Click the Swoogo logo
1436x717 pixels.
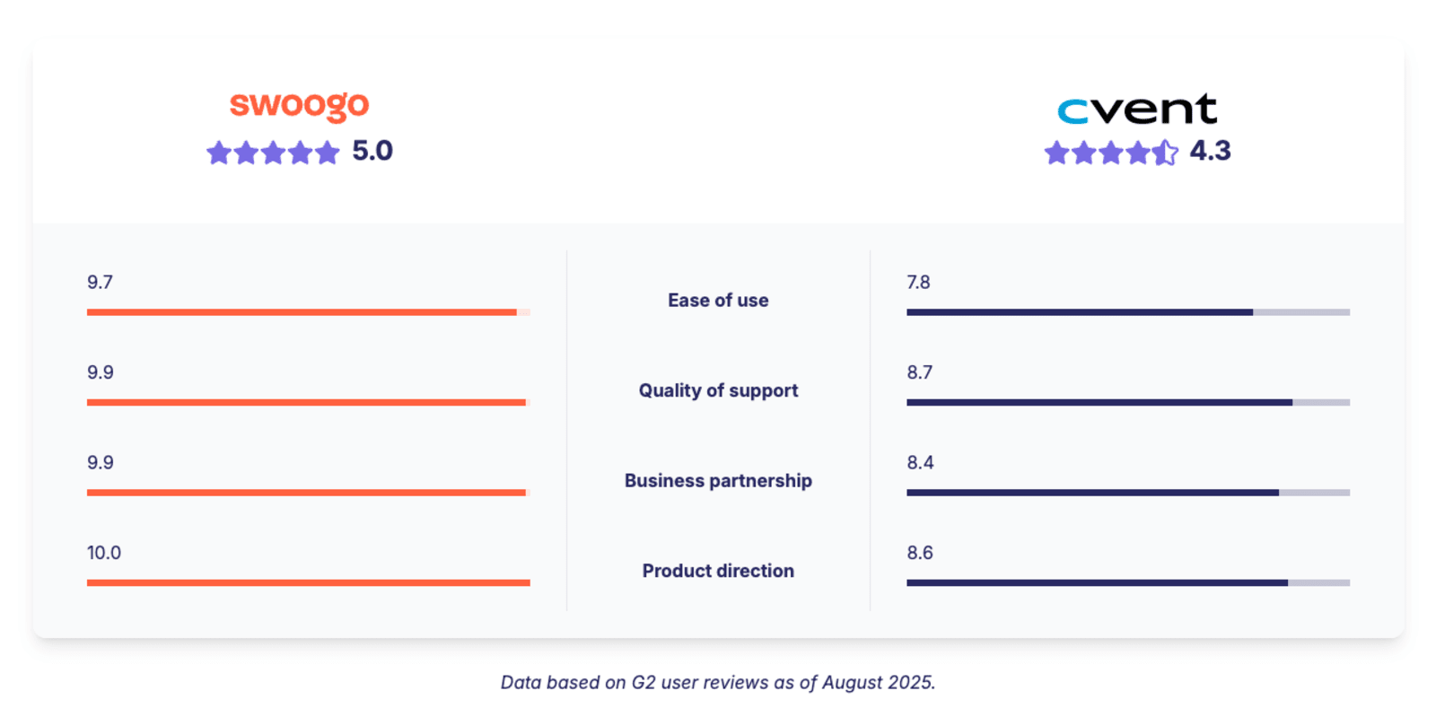coord(299,106)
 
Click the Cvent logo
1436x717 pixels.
coord(1136,109)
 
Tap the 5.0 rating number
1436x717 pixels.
coord(372,151)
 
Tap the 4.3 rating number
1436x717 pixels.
coord(1210,151)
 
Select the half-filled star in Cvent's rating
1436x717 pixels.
coord(1165,153)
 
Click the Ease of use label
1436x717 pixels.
coord(718,301)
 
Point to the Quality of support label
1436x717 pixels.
coord(718,390)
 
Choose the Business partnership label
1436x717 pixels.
coord(718,481)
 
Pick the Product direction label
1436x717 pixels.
coord(718,571)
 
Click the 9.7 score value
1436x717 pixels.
coord(100,283)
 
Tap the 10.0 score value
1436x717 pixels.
coord(104,553)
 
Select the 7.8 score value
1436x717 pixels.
coord(918,283)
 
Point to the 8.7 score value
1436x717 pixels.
coord(919,372)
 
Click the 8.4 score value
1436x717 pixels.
coord(920,463)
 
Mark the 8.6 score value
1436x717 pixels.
coord(920,553)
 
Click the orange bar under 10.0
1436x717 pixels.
coord(308,582)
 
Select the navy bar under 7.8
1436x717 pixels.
coord(1079,312)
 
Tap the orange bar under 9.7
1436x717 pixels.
coord(302,312)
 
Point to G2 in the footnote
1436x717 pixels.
coord(644,683)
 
